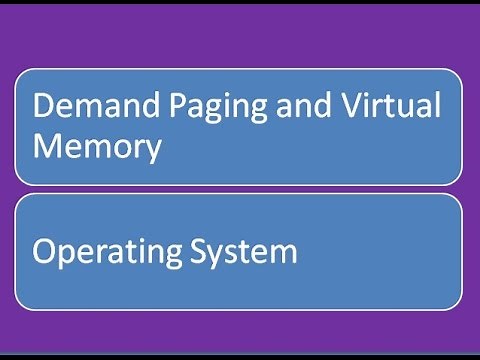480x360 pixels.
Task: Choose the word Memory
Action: point(97,147)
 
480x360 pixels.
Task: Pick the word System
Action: point(243,251)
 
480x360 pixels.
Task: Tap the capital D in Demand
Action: point(43,105)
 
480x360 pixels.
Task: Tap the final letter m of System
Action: point(284,253)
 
